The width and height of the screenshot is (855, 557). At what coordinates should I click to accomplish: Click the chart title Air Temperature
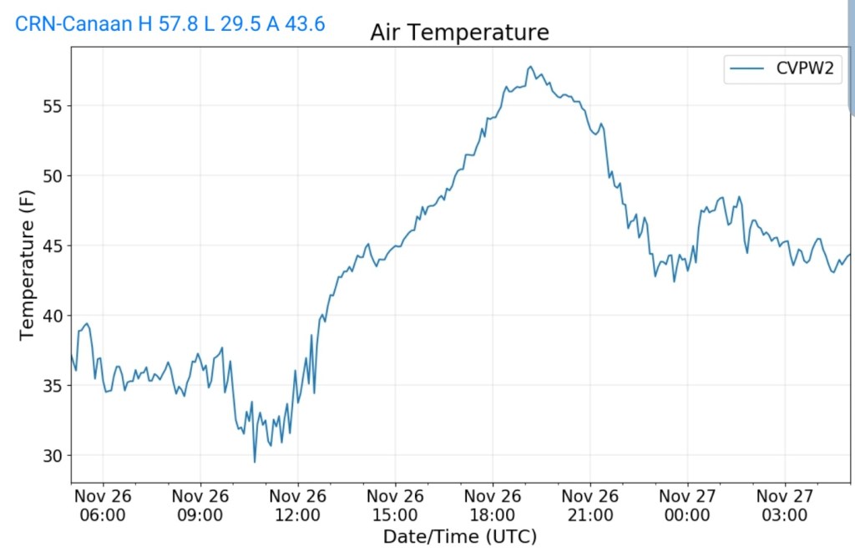point(459,33)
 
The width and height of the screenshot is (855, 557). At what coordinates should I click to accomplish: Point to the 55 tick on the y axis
point(52,105)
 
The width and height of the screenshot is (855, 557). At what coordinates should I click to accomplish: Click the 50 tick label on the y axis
point(52,175)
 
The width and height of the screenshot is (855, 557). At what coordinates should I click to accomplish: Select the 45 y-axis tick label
point(52,246)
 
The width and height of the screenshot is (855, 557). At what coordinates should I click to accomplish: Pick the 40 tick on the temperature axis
point(52,316)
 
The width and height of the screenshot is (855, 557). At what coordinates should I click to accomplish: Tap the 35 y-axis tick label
point(52,386)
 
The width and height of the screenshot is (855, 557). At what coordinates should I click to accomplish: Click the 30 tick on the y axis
point(52,456)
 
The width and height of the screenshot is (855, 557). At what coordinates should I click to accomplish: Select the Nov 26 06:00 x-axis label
point(104,504)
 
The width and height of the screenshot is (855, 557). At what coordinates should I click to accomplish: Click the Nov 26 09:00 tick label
point(200,504)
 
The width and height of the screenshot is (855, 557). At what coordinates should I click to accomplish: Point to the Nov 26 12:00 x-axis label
point(298,504)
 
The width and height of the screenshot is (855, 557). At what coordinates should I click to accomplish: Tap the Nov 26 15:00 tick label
point(395,504)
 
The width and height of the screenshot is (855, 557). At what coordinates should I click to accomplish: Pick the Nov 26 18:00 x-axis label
point(493,504)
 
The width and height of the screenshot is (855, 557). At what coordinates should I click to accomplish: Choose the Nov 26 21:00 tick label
point(589,504)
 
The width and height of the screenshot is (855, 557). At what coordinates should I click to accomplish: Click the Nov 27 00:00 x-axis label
point(687,504)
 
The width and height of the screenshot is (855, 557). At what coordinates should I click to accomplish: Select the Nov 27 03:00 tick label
point(785,504)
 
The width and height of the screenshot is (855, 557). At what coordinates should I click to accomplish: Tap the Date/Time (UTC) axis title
point(459,536)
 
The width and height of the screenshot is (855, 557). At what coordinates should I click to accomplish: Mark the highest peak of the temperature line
point(530,67)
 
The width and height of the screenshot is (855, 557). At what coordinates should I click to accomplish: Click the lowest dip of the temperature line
point(255,462)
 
